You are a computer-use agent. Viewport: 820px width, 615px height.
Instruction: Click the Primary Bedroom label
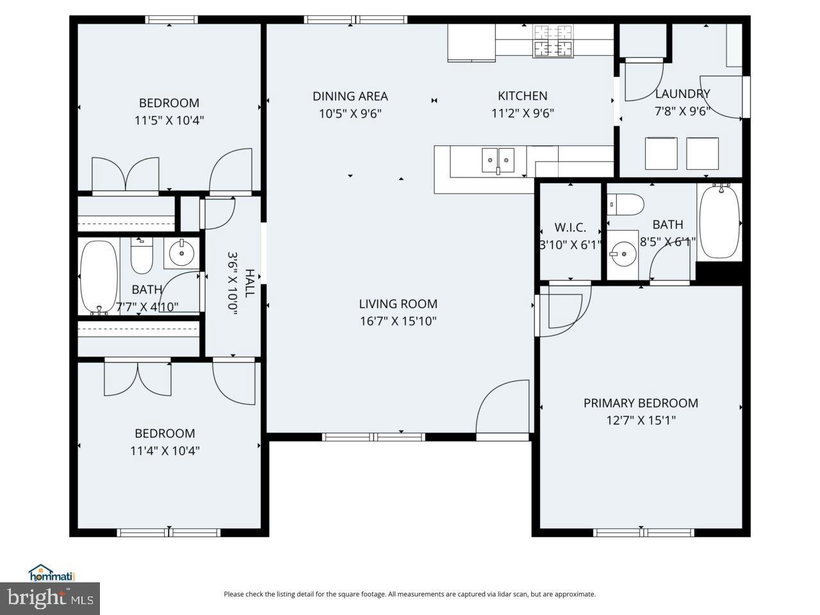(641, 403)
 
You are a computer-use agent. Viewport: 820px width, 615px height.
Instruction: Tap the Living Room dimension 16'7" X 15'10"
(398, 321)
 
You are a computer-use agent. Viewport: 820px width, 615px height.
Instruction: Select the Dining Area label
(350, 96)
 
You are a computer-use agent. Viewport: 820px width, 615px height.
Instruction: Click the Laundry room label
(682, 94)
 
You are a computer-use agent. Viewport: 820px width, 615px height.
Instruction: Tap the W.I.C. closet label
(570, 227)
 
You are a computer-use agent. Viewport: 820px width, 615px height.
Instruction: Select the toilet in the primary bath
(625, 204)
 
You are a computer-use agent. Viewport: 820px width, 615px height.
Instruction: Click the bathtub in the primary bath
(719, 222)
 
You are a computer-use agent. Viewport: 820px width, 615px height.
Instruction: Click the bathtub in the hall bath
(99, 277)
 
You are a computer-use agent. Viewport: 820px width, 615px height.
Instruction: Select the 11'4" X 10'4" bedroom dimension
(165, 450)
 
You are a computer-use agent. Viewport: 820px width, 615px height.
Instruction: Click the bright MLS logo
(49, 598)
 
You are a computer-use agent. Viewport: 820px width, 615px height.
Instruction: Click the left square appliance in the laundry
(661, 153)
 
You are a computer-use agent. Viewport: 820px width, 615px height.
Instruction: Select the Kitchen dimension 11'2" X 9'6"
(522, 113)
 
